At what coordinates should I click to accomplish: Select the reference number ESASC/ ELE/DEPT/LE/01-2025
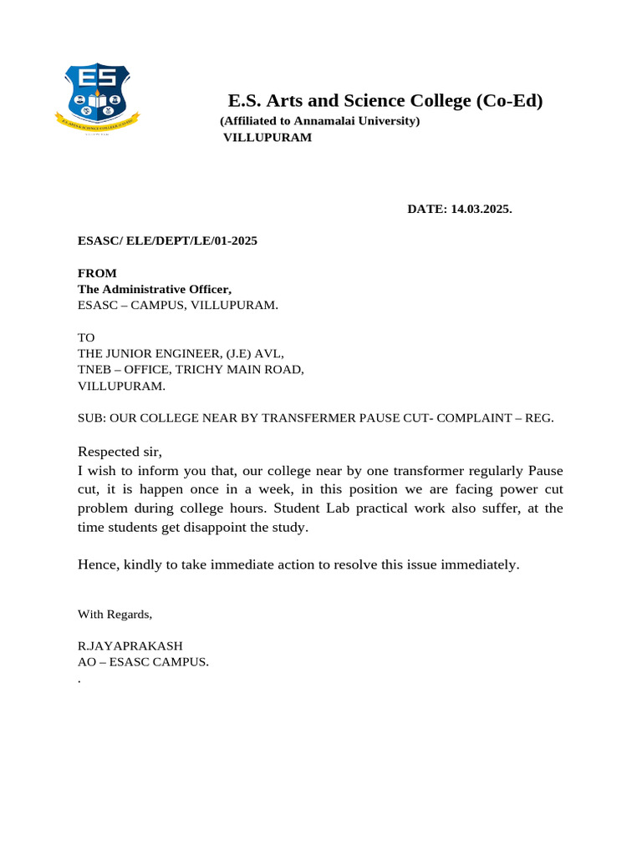(167, 241)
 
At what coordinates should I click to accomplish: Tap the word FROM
(97, 273)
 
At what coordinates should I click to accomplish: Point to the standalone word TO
(86, 338)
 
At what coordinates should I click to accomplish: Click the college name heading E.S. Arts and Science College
(385, 101)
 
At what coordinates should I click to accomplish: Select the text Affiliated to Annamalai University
(319, 121)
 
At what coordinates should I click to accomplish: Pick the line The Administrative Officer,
(155, 289)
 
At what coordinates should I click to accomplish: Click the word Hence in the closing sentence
(98, 564)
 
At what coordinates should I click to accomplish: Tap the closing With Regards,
(115, 615)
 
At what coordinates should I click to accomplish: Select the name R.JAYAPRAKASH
(130, 646)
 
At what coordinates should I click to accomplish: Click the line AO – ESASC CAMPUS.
(143, 662)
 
